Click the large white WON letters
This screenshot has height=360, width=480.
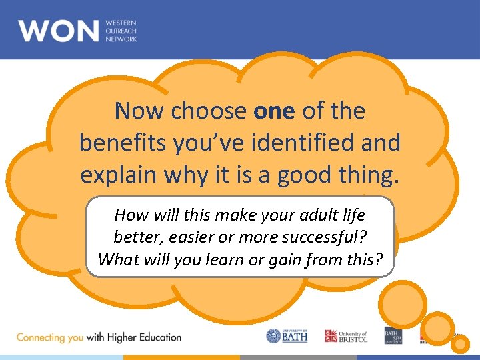[59, 31]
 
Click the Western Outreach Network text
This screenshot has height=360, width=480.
[121, 31]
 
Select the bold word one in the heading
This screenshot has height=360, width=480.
[274, 111]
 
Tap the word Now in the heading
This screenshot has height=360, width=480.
[140, 111]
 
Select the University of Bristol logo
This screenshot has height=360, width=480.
[345, 336]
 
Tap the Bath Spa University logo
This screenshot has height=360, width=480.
[393, 336]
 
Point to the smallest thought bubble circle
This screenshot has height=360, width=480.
[461, 344]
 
